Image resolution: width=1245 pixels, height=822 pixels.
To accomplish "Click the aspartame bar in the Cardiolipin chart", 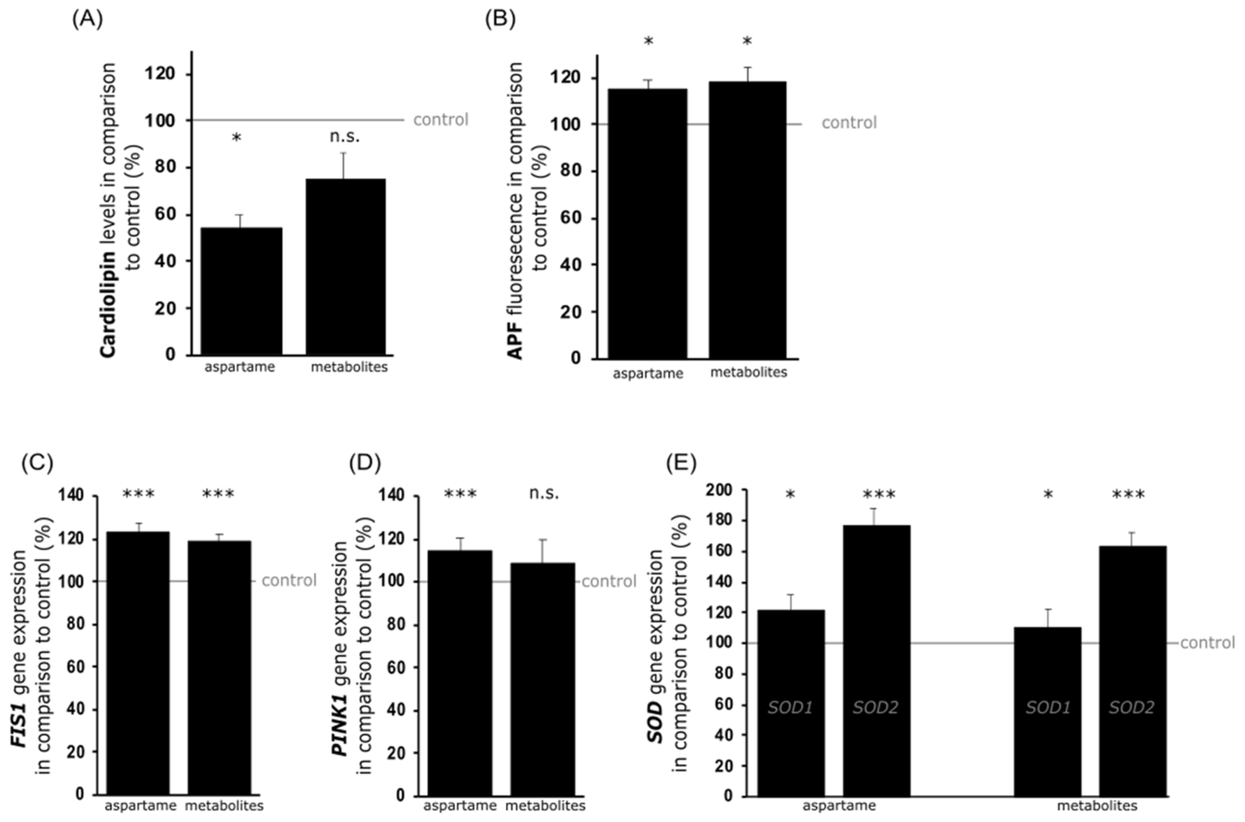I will pyautogui.click(x=241, y=291).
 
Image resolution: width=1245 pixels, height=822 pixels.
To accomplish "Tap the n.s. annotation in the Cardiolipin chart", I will pyautogui.click(x=344, y=137).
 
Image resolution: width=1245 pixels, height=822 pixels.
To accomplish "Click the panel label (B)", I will pyautogui.click(x=500, y=19).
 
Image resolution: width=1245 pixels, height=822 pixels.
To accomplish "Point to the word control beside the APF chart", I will pyautogui.click(x=849, y=123).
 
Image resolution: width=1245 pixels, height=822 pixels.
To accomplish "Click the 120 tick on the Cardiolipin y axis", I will pyautogui.click(x=160, y=74).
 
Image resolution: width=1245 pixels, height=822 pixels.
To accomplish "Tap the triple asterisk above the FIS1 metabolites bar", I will pyautogui.click(x=218, y=494).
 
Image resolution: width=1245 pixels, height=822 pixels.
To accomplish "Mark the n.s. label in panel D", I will pyautogui.click(x=544, y=493).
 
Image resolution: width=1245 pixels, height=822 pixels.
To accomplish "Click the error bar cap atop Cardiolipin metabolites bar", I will pyautogui.click(x=344, y=153).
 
